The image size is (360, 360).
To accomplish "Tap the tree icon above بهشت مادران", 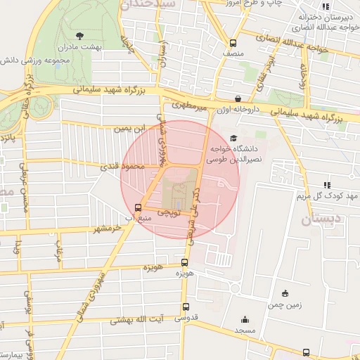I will tap(79, 34).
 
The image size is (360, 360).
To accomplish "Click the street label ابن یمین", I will tap(134, 129).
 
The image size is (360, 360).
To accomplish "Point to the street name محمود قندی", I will tap(127, 166).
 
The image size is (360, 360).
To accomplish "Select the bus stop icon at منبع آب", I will tap(138, 207).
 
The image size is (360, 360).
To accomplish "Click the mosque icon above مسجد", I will tap(244, 319).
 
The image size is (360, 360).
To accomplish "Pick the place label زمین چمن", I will tap(285, 305).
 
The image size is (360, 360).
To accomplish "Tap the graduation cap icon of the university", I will tap(233, 139).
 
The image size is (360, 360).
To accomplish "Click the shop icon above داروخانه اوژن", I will tap(238, 99).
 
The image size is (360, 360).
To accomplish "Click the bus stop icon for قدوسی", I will tap(186, 307).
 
